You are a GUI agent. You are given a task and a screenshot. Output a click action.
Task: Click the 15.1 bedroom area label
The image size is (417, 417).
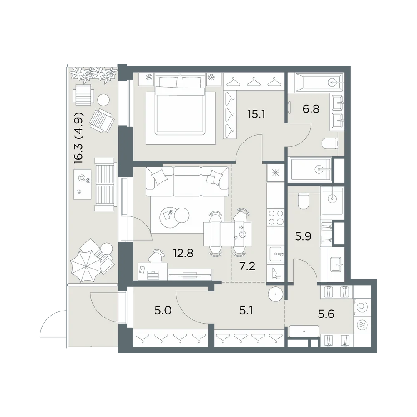pos(256,114)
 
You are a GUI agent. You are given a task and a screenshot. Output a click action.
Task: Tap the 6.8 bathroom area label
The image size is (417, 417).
pos(311,109)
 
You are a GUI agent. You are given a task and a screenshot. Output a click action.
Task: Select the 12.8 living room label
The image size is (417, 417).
pos(183,253)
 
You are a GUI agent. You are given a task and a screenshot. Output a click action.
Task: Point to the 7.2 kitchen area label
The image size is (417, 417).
pos(247,266)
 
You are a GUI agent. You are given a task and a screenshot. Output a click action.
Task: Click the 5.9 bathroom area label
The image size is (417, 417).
pos(303,236)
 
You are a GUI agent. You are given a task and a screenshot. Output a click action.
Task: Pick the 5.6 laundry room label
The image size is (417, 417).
pos(326,314)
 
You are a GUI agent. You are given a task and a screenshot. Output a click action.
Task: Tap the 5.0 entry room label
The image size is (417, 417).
pos(163,310)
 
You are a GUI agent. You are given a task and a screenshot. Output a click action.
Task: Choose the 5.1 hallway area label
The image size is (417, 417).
pos(246,310)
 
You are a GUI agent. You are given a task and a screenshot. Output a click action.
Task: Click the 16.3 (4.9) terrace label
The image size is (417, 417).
pos(79,138)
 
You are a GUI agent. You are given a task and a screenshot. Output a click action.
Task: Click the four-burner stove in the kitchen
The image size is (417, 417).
pos(276,217)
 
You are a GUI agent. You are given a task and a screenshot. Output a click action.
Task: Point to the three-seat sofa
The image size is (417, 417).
pos(187,181)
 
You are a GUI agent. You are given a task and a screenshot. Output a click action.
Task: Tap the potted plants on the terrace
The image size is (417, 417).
pos(93,74)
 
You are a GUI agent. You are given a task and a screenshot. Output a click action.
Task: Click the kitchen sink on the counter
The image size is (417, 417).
pos(276,254)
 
